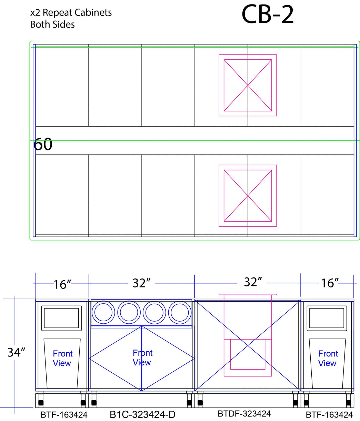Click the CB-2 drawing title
coord(267,14)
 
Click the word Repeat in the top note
coord(57,13)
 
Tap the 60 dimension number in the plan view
coord(43,144)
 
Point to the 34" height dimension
coord(16,353)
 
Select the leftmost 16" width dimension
coord(62,285)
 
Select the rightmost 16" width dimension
coord(330,283)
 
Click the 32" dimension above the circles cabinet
coord(141,283)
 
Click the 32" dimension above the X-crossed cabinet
coord(253,282)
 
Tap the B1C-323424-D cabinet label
coord(142,414)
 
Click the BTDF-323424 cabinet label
coord(244,414)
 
